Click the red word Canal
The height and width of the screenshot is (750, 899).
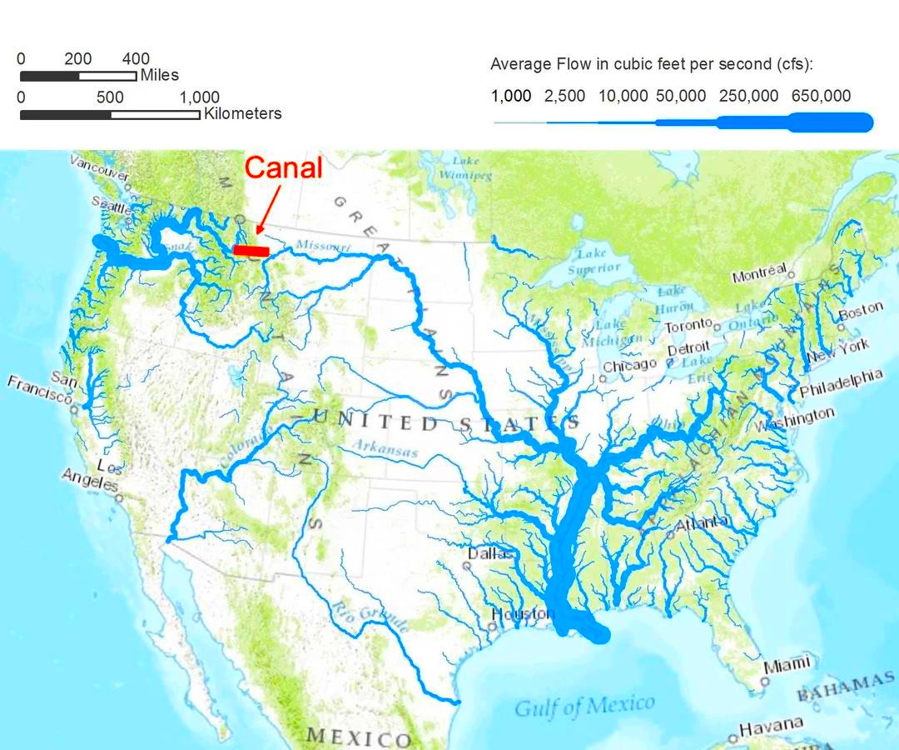(x=283, y=167)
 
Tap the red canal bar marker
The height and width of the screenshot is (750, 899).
(x=251, y=249)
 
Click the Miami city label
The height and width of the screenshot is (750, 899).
(x=787, y=665)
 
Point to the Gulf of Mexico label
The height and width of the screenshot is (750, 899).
(x=584, y=706)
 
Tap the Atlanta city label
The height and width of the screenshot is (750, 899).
(x=703, y=524)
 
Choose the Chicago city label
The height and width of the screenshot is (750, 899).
(x=630, y=365)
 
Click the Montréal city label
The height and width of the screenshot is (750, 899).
(x=759, y=273)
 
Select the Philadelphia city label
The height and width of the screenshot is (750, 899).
(x=840, y=383)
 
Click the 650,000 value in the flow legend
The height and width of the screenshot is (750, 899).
(x=821, y=96)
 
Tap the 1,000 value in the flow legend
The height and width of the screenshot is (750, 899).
(x=511, y=96)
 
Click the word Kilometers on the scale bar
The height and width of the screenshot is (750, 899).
(x=242, y=113)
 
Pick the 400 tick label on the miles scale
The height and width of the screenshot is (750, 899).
(x=136, y=59)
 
